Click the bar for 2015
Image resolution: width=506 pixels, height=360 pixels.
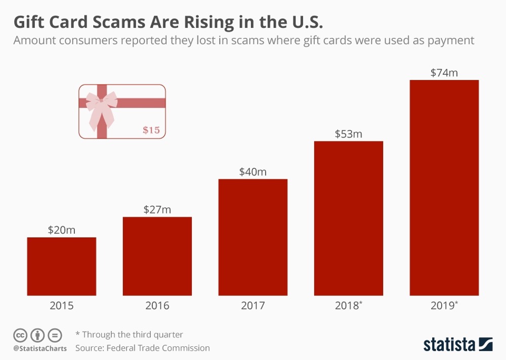click(x=61, y=266)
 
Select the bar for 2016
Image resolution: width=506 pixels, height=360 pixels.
click(x=157, y=256)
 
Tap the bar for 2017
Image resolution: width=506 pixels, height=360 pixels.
click(x=252, y=237)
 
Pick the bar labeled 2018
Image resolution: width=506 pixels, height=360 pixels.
click(x=348, y=218)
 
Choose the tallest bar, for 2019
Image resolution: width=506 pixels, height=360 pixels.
click(x=444, y=188)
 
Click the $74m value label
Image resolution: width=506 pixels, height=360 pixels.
click(x=444, y=72)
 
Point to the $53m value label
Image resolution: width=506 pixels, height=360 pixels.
click(x=348, y=134)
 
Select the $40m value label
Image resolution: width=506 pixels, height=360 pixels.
click(x=252, y=172)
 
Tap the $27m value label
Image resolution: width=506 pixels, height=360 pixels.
click(x=157, y=210)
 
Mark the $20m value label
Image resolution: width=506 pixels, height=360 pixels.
click(x=61, y=230)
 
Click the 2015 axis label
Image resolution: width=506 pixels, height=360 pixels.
click(x=61, y=306)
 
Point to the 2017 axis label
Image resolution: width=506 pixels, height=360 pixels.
click(x=252, y=306)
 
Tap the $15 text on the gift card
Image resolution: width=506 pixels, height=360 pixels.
click(x=151, y=130)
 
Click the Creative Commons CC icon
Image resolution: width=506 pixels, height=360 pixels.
click(x=20, y=335)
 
